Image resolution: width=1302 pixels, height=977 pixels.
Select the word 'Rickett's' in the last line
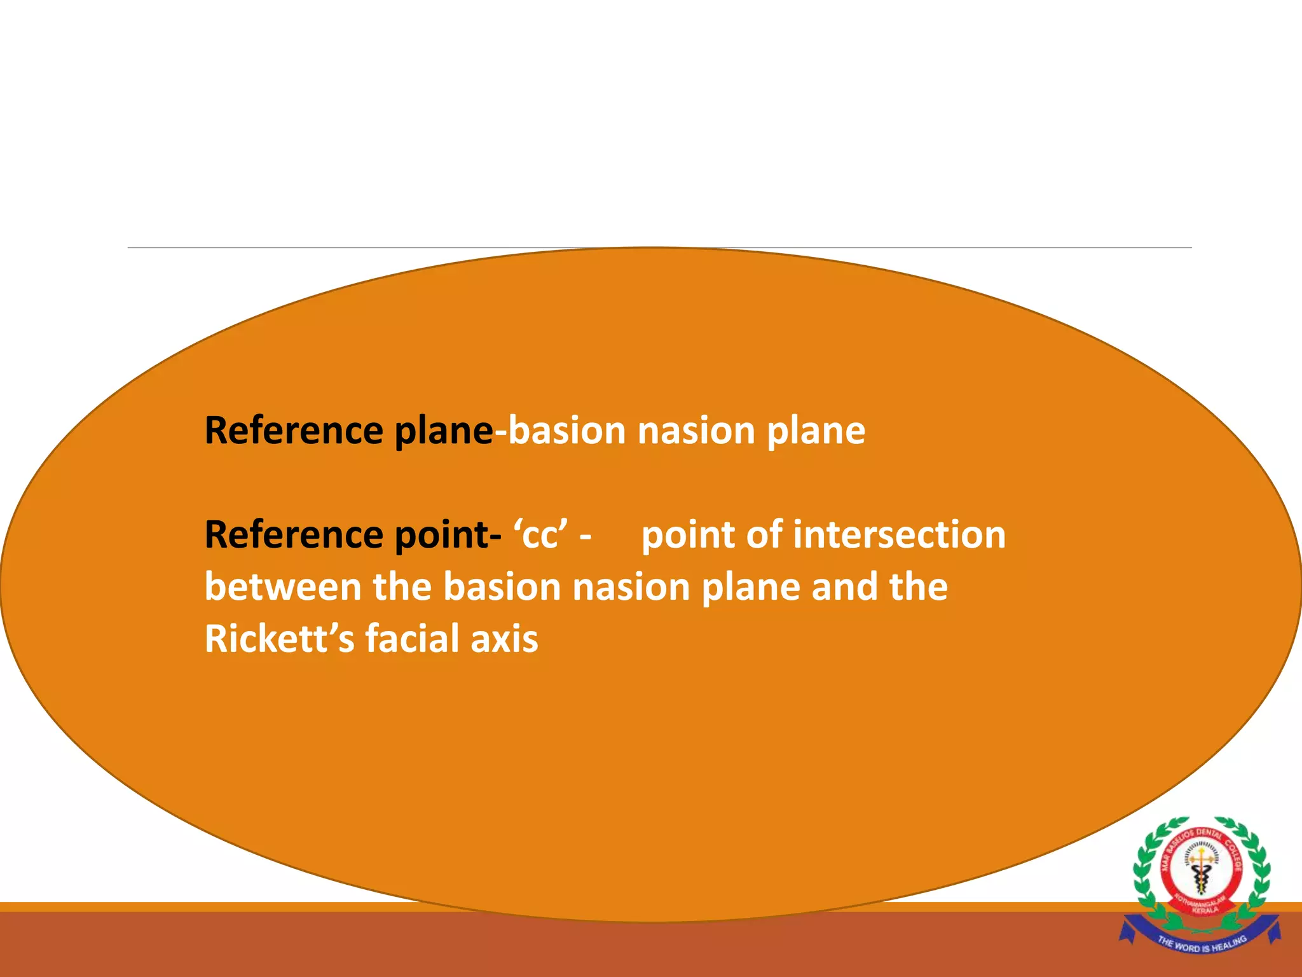279,639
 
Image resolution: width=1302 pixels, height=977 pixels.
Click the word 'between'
282,586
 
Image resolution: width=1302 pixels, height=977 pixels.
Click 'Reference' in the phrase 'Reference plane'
294,431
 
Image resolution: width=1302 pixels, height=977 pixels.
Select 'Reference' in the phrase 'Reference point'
294,534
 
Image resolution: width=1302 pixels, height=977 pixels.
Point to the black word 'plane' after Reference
443,432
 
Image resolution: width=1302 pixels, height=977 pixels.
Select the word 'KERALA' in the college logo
1205,910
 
